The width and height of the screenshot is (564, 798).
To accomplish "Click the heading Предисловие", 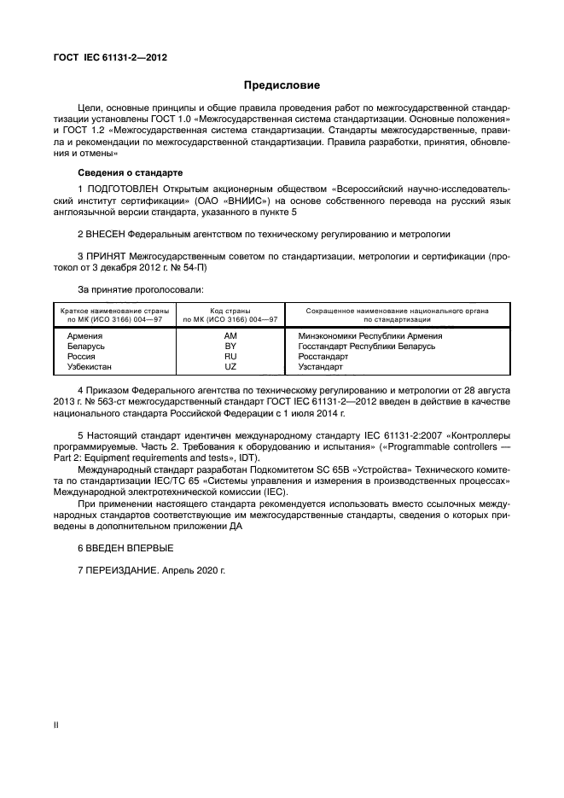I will [282, 85].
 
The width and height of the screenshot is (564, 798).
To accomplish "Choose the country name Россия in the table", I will [81, 357].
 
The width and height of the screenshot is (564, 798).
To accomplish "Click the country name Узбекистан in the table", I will [90, 367].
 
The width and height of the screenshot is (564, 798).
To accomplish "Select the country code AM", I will [230, 337].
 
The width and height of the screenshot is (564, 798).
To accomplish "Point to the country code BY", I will [230, 347].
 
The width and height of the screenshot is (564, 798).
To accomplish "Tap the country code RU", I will [230, 357].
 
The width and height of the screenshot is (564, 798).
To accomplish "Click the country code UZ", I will [230, 367].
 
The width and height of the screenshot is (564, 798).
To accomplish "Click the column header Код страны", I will [230, 312].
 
